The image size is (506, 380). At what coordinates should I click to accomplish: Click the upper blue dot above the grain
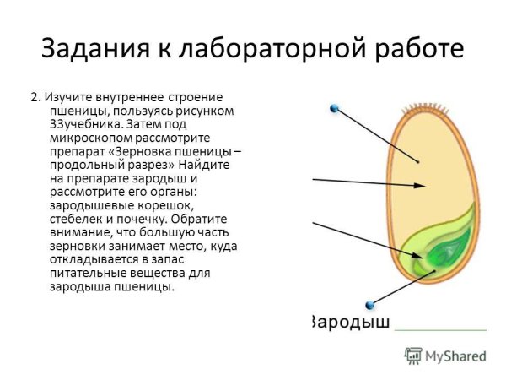coord(335,108)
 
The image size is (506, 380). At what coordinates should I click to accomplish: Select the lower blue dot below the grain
coord(369,305)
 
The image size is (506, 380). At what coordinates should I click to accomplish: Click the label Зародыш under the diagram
coord(347,322)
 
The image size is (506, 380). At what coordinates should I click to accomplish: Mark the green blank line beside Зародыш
coord(441,328)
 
